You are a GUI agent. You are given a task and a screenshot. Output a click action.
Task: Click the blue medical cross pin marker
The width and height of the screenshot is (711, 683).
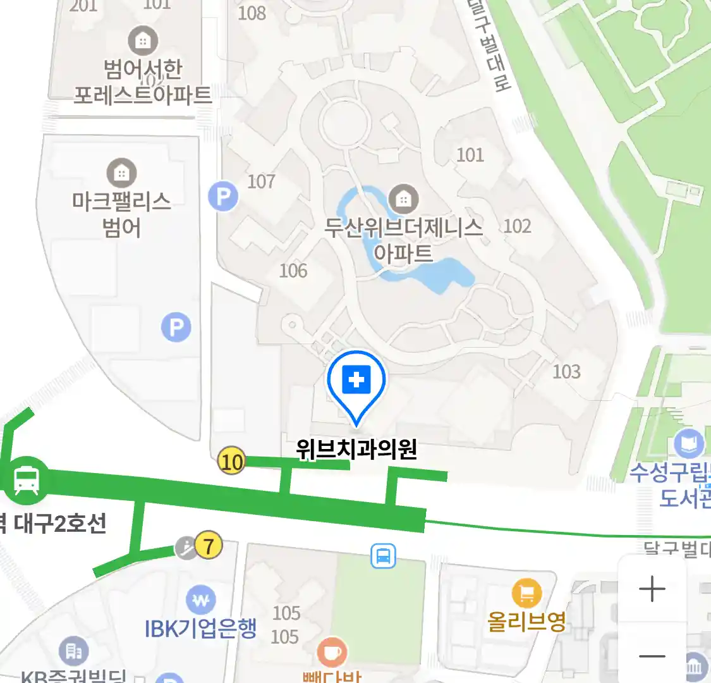point(356,381)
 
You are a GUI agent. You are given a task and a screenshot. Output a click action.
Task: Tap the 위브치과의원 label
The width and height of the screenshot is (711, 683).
point(356,449)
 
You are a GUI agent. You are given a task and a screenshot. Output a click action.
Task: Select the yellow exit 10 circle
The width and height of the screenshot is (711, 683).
point(231,461)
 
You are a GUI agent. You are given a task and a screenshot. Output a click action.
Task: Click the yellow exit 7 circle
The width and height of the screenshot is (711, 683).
point(209,545)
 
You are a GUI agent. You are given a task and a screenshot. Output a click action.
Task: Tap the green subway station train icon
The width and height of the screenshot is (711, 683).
point(27,480)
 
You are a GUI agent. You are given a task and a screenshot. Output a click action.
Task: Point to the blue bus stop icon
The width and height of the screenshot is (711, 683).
point(383,556)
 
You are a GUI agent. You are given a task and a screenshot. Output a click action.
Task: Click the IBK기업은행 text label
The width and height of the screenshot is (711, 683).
point(201,628)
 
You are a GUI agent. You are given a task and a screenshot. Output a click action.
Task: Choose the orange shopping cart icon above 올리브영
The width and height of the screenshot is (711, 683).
point(526,593)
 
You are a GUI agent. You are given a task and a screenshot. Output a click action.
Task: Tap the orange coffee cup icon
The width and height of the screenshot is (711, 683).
point(332,652)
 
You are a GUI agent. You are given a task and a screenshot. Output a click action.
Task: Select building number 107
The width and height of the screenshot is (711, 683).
point(261,182)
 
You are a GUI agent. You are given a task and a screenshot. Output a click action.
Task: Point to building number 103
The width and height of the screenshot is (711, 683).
point(566,371)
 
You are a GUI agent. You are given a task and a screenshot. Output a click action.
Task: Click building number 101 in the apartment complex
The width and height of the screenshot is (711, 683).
point(470,154)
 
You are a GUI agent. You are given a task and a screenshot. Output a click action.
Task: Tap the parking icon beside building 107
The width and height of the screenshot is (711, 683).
point(223,197)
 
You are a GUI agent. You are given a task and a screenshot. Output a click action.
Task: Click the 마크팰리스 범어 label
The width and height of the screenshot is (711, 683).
point(121,214)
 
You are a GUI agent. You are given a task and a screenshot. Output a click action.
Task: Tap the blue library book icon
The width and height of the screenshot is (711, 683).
point(688,444)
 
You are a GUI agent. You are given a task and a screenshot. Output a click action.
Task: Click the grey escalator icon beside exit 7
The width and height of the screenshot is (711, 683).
point(186,548)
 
